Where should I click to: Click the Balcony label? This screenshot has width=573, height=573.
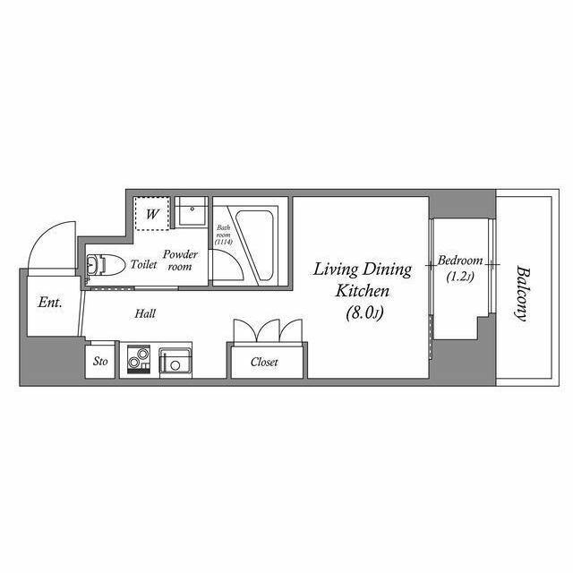(523, 295)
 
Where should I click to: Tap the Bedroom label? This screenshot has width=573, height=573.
(460, 261)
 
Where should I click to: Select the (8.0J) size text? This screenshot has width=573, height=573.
(364, 313)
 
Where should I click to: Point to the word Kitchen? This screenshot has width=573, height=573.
(362, 291)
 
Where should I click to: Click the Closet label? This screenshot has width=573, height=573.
(264, 362)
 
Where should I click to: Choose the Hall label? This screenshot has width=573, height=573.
(145, 313)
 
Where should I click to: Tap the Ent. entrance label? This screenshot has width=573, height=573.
(50, 303)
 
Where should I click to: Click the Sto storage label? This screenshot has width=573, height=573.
(100, 362)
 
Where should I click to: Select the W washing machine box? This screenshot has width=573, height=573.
(152, 214)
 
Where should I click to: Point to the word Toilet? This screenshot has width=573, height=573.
(143, 264)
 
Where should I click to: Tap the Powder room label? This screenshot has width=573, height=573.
(180, 261)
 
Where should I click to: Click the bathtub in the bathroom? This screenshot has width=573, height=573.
(254, 245)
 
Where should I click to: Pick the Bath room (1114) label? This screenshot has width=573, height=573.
(223, 235)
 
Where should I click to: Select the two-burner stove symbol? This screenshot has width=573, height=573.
(139, 358)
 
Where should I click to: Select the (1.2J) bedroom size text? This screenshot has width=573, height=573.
(460, 277)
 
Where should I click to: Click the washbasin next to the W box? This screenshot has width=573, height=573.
(191, 212)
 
